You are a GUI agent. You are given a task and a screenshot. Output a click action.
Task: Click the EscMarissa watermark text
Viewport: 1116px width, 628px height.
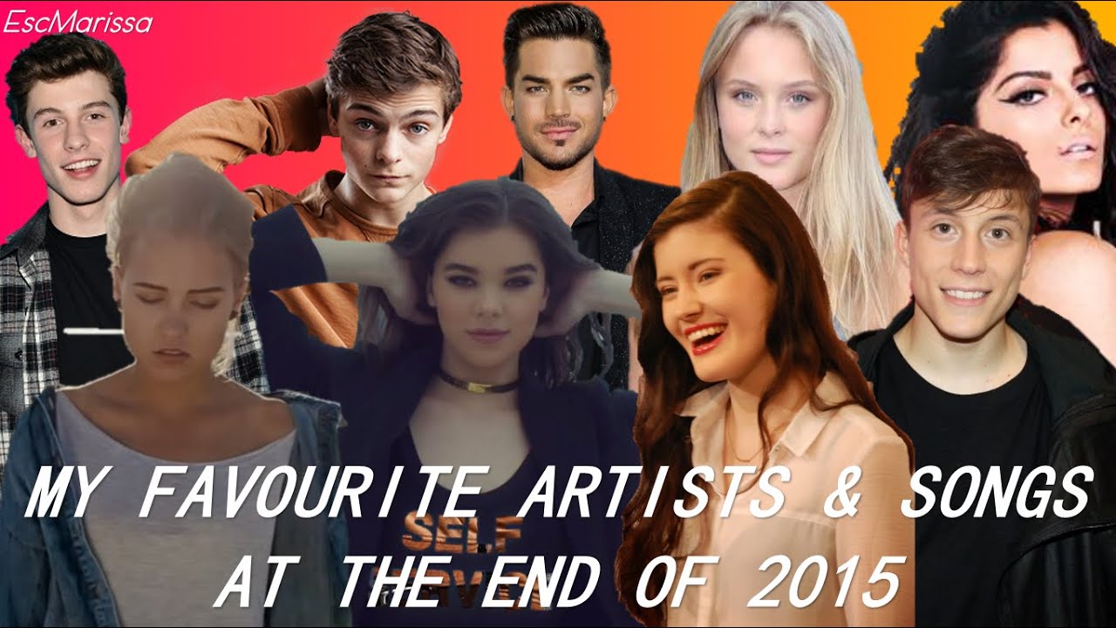click(x=78, y=22)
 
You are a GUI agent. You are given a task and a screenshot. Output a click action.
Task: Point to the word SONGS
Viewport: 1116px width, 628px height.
click(x=996, y=495)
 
